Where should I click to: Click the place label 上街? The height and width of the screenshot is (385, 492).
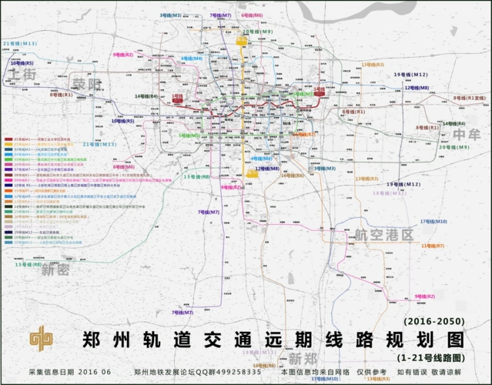click(22, 74)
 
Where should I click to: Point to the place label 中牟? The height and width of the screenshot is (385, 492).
click(466, 134)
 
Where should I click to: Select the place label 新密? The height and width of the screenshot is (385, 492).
click(55, 270)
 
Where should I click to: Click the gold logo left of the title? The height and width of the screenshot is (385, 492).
click(43, 339)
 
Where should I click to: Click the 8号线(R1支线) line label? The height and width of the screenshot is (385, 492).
click(469, 98)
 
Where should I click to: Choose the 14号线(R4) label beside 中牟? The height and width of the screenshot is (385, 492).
click(454, 123)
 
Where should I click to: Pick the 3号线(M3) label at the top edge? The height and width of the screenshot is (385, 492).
click(170, 15)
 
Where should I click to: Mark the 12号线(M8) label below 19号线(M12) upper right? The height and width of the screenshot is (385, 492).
click(417, 88)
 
